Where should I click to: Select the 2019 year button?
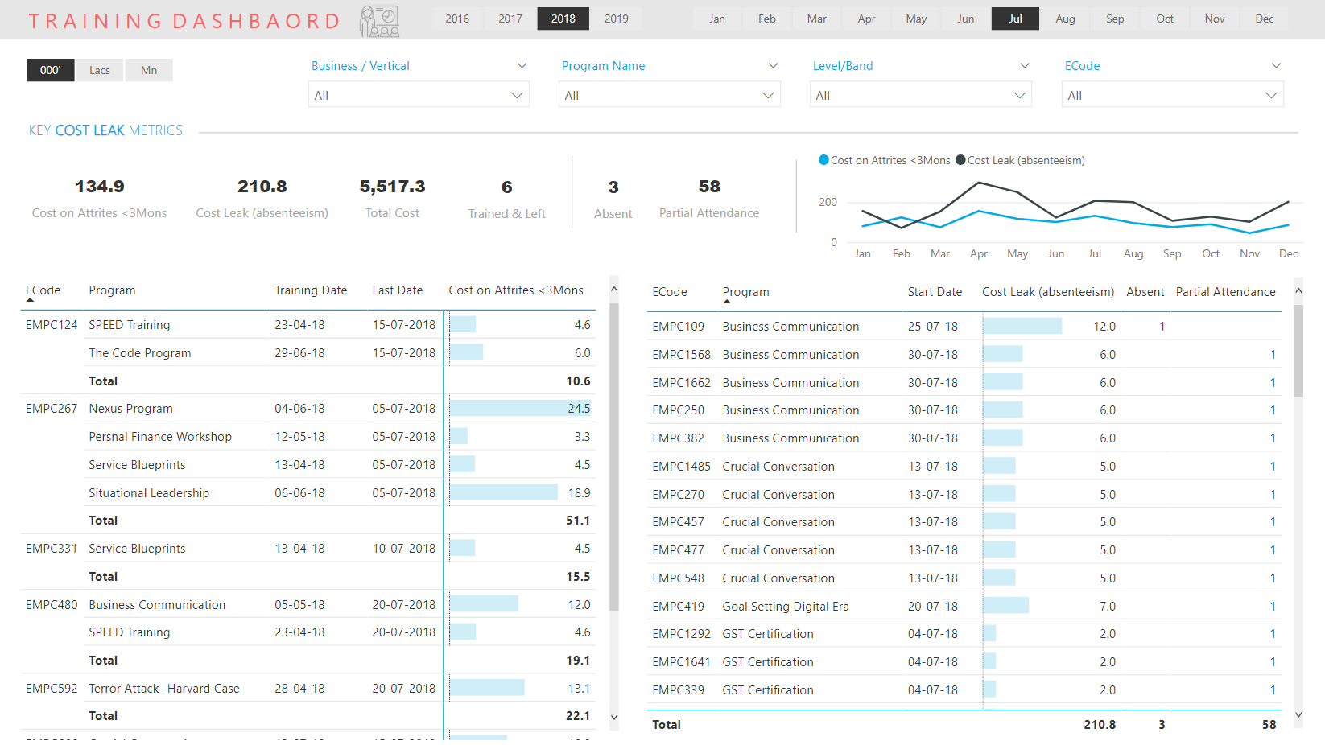tap(616, 19)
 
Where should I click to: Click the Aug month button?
tap(1065, 19)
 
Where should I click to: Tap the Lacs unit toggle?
tap(99, 70)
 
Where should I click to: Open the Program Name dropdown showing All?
tap(669, 95)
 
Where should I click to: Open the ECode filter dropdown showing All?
tap(1172, 95)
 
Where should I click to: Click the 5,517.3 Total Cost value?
tap(392, 187)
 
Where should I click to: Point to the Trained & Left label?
tap(506, 213)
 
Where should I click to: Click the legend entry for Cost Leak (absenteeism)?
tap(1020, 160)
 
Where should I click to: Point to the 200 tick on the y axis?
tap(828, 202)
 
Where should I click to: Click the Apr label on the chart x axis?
tap(978, 253)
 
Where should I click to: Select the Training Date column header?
tap(311, 290)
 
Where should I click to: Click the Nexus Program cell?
tap(130, 409)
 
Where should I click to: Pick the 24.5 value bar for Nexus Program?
tap(520, 409)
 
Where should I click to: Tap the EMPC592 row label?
tap(52, 688)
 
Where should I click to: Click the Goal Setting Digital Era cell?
tap(786, 606)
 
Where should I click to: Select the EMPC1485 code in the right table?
tap(682, 467)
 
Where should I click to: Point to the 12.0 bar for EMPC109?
tap(1022, 327)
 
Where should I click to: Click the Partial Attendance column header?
tap(1226, 292)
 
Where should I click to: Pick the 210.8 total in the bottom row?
tap(1100, 724)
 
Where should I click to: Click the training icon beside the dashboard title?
tap(379, 21)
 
